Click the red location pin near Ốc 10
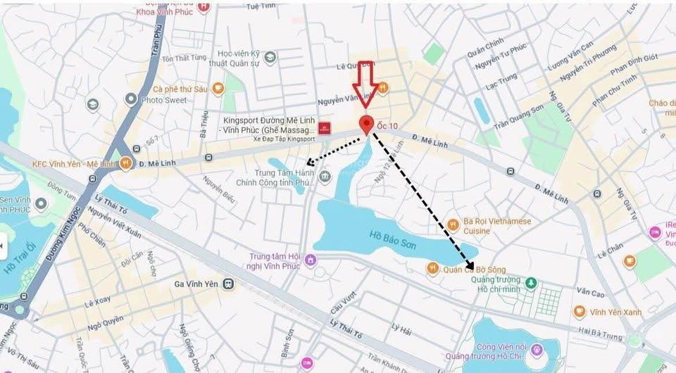[366, 123]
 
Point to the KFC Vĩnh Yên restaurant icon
[125, 163]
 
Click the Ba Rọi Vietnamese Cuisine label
[497, 225]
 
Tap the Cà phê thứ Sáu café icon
[218, 89]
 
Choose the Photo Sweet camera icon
[130, 99]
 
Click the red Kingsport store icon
[324, 128]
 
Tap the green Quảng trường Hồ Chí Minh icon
[531, 284]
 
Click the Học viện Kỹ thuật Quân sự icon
[270, 58]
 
